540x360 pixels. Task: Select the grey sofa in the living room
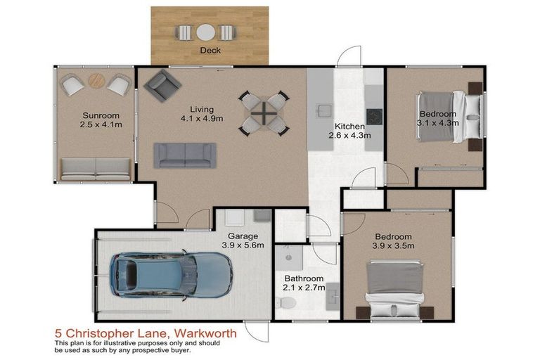pos(184,155)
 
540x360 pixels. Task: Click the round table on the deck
pos(205,32)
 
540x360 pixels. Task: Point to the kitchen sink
pos(324,110)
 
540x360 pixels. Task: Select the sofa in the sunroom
pos(96,168)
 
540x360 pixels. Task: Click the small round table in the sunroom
pos(97,82)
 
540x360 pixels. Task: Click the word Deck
pos(210,51)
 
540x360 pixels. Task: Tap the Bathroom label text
pos(304,278)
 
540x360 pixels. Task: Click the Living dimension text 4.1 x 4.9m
pos(202,118)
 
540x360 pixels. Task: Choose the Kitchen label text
pos(349,127)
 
